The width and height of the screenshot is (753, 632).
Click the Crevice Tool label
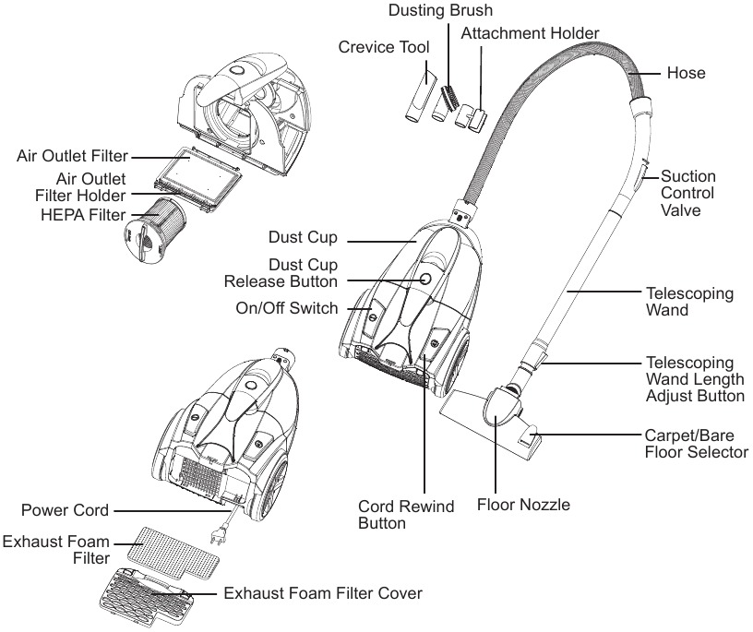384,47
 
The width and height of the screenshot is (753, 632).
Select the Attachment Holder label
530,33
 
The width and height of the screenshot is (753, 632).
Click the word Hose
687,73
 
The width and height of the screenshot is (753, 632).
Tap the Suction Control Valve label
688,193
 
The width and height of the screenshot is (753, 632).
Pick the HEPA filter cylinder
151,230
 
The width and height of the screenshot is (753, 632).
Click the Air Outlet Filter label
72,156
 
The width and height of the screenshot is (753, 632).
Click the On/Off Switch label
287,308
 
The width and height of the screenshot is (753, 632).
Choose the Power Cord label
65,510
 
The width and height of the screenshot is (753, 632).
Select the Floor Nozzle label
523,505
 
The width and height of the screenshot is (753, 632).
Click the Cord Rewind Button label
406,514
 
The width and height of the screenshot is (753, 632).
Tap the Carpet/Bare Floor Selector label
697,444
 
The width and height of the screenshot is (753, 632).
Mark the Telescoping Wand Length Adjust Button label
695,379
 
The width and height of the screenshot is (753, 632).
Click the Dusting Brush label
440,10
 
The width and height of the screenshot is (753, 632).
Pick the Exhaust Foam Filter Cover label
323,593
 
